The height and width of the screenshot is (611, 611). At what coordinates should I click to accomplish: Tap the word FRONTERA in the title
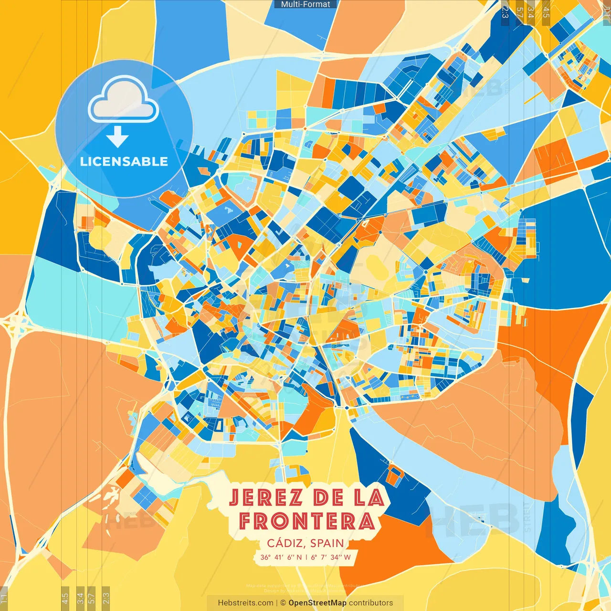pos(306,521)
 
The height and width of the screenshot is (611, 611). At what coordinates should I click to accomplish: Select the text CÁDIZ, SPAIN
pos(305,543)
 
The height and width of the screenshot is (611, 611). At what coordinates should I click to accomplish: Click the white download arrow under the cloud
pos(117,137)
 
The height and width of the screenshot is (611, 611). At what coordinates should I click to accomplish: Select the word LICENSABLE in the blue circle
pos(124,161)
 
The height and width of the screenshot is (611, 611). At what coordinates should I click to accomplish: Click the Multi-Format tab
pos(305,4)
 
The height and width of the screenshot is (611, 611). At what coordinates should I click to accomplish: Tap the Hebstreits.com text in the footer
pos(245,603)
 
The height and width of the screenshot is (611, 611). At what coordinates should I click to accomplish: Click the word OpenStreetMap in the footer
pos(317,603)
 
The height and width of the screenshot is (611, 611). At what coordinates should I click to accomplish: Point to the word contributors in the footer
pos(371,603)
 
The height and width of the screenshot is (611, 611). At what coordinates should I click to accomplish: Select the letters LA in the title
pos(369,498)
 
